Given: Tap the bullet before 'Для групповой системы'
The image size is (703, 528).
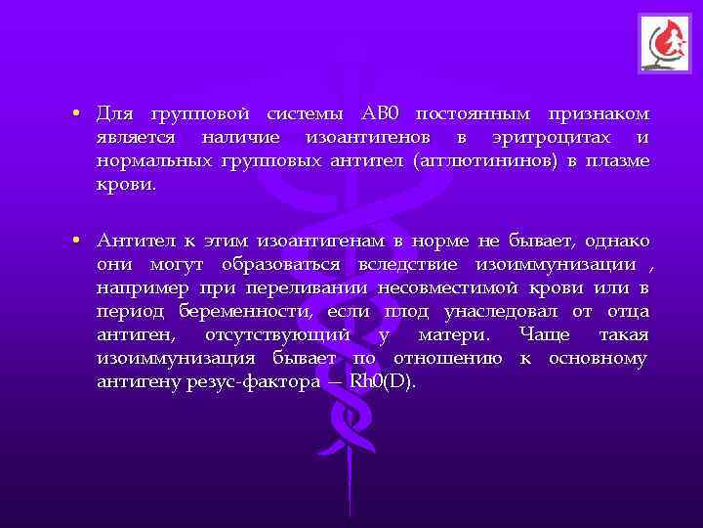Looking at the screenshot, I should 75,112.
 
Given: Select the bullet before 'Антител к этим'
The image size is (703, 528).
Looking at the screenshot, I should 75,241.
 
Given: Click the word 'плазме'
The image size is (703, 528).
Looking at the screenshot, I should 617,161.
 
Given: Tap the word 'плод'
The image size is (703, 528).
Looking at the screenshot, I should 406,312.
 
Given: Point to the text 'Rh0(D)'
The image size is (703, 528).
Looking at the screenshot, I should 388,383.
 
